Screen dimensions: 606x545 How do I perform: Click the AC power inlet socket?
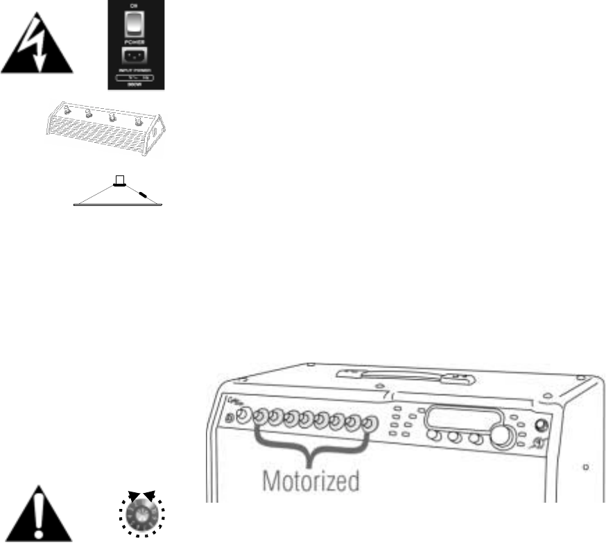coord(136,56)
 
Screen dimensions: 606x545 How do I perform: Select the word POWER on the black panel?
coord(136,40)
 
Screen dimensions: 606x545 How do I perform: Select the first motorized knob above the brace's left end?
coord(259,417)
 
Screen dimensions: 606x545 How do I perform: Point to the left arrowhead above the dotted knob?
coord(133,495)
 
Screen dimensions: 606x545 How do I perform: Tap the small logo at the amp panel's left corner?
coord(232,404)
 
